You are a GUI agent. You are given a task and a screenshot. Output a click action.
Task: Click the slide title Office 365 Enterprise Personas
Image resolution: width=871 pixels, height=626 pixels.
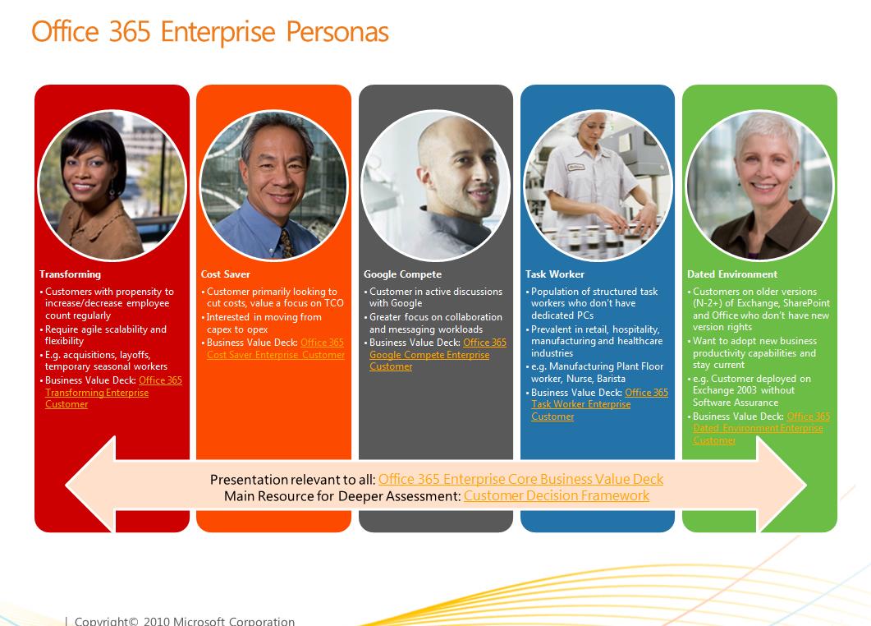(209, 32)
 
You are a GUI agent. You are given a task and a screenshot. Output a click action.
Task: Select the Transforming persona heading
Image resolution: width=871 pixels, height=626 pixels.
(70, 274)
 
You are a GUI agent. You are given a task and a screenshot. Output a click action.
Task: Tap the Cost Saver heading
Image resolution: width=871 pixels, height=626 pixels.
(226, 274)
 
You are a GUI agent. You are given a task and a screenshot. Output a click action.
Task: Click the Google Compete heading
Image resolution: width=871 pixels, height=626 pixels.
(402, 274)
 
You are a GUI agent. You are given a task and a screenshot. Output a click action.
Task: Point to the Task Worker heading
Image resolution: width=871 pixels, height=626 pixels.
(555, 274)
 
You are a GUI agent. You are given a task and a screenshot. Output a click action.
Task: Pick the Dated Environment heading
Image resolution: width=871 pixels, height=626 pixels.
(732, 274)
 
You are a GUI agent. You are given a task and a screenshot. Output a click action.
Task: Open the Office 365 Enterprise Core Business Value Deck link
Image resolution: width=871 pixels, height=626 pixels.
(520, 479)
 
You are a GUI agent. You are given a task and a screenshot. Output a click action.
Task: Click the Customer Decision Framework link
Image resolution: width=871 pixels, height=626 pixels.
(556, 495)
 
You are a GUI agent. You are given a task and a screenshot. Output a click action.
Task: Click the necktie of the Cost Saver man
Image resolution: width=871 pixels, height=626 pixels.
(285, 242)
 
